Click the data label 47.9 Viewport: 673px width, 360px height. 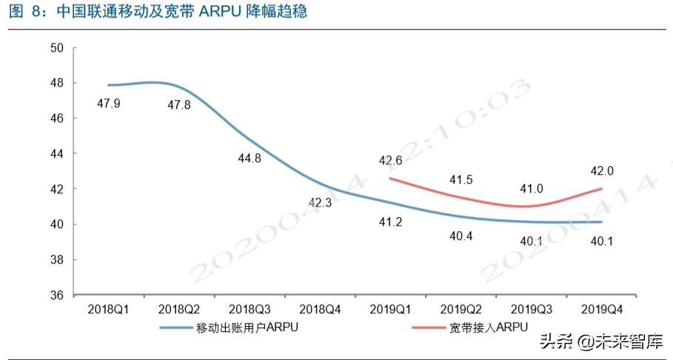pos(109,103)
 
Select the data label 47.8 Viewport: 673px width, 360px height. pos(179,105)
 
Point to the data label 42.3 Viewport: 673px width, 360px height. pos(320,201)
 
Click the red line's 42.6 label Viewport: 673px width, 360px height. pos(389,161)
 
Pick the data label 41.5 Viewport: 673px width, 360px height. pos(461,179)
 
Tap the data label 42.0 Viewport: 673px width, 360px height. pos(601,171)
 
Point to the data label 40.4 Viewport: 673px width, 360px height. pos(461,236)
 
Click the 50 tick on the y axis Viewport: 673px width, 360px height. pos(58,48)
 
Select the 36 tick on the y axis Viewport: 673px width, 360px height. pos(58,296)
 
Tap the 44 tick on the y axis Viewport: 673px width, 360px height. pos(58,154)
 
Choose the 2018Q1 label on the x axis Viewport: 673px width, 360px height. pos(108,307)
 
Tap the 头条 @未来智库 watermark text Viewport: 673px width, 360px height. pos(600,342)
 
